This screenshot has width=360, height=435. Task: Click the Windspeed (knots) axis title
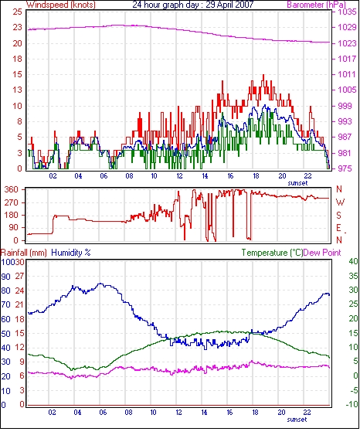click(61, 5)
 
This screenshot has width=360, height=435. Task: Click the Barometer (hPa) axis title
click(317, 5)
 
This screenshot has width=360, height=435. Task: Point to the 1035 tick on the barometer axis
click(347, 12)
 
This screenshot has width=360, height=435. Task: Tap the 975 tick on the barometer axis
click(345, 168)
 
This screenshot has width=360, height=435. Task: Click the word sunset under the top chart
click(298, 183)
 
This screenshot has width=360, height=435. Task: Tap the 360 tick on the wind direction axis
click(12, 190)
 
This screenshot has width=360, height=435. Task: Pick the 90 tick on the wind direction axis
click(14, 228)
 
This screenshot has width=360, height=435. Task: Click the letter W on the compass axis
click(340, 202)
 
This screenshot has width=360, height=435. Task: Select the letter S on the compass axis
click(338, 215)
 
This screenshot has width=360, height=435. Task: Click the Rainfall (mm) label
click(24, 253)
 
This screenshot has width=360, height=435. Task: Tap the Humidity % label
click(71, 253)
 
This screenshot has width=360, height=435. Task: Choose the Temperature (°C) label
click(272, 253)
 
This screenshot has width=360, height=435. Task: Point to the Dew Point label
click(322, 253)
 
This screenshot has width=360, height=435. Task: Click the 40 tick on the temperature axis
click(353, 261)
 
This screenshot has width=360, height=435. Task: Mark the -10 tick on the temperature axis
click(352, 404)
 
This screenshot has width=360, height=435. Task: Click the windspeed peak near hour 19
click(263, 75)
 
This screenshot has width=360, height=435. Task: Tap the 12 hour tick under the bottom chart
click(178, 413)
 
